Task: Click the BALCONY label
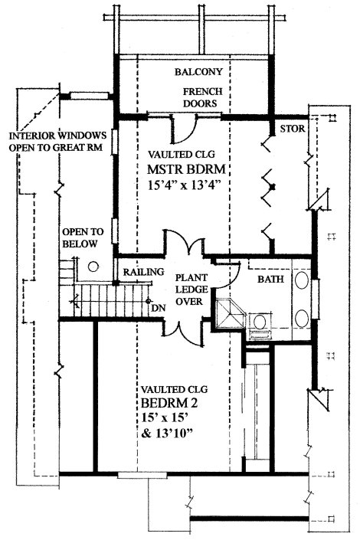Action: coord(198,72)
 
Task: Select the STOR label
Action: coord(293,129)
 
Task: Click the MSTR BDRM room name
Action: coord(186,169)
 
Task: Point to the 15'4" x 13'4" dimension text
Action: coord(184,185)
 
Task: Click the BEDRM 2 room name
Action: coord(169,403)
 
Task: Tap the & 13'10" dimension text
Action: coord(166,433)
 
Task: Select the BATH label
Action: coord(270,279)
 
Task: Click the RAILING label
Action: coord(144,272)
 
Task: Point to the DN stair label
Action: coord(159,308)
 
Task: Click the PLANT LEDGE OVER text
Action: coord(191,290)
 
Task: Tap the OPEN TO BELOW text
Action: coord(83,237)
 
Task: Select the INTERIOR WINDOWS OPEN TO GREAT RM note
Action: coord(57,141)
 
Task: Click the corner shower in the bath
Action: coord(229,314)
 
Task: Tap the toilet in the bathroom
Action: coord(260,326)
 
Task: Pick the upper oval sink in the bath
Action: coord(302,280)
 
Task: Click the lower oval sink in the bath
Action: coord(302,319)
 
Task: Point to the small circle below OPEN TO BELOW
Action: coord(93,267)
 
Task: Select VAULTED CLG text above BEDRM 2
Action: coord(175,390)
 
